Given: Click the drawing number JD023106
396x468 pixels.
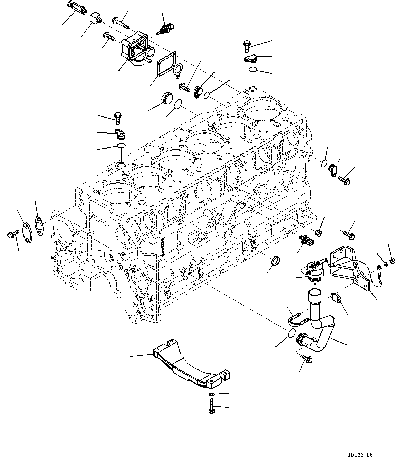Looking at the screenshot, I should click(x=361, y=455).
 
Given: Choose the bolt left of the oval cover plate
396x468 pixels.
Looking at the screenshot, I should click(x=12, y=235).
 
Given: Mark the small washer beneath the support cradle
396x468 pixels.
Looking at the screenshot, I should click(x=211, y=394).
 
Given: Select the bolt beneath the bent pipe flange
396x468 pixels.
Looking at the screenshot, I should click(x=307, y=357).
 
